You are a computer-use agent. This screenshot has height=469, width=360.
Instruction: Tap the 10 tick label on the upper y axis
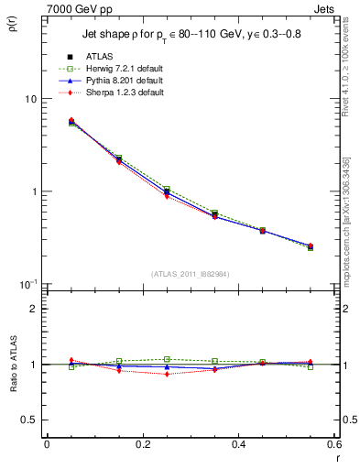click(x=31, y=99)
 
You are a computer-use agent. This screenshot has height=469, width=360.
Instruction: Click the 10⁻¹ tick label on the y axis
click(x=29, y=284)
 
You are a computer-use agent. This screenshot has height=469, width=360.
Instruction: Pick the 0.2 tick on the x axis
click(x=142, y=444)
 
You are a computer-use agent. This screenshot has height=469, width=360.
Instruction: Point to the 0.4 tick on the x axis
click(x=238, y=444)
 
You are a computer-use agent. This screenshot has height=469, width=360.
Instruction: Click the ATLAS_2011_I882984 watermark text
click(x=191, y=274)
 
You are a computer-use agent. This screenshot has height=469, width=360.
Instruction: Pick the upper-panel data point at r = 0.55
click(x=310, y=246)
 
